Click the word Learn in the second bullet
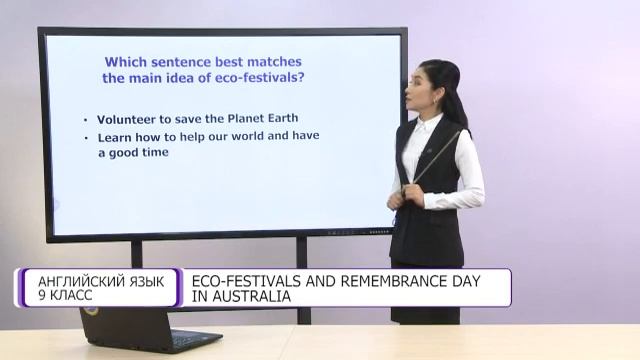click(x=115, y=136)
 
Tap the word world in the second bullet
click(x=257, y=136)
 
